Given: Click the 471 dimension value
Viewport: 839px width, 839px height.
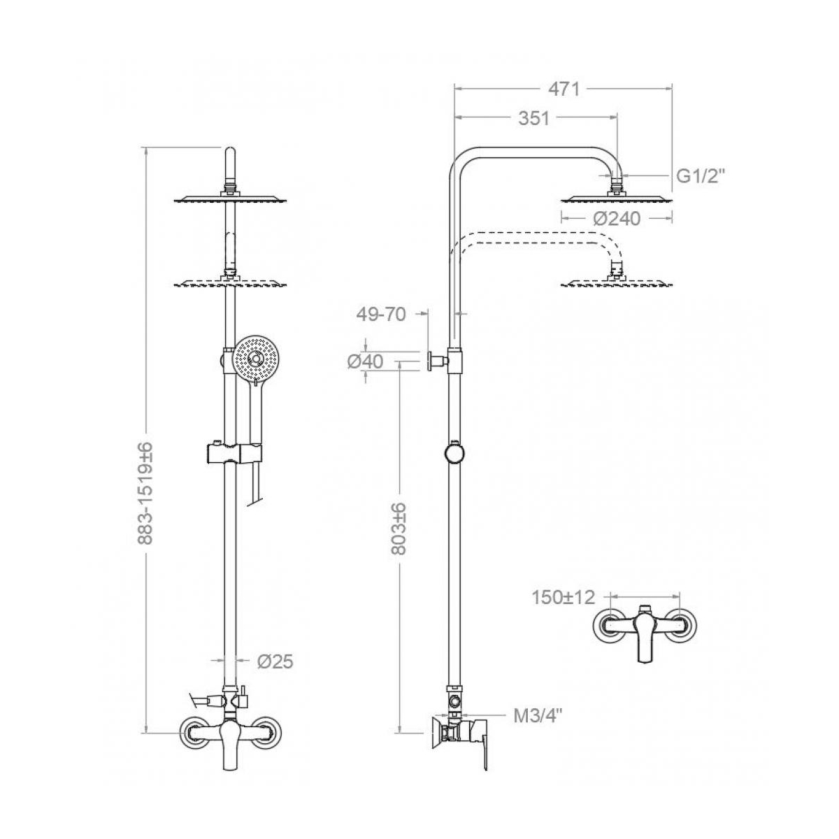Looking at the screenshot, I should tap(564, 89).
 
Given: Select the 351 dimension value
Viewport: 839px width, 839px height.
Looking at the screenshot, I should tap(533, 119).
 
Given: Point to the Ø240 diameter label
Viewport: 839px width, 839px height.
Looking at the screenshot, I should tap(616, 219).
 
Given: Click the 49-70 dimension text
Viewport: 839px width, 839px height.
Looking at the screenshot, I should tap(381, 315).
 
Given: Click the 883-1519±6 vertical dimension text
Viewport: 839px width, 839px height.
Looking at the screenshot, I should tap(146, 494).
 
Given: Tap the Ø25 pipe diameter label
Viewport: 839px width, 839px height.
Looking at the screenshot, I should tap(275, 661).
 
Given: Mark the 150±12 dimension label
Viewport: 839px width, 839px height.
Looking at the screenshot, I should tap(562, 597).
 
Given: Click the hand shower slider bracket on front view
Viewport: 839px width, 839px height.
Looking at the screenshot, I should tap(231, 452).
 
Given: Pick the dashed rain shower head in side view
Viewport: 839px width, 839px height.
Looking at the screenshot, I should tap(616, 282).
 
